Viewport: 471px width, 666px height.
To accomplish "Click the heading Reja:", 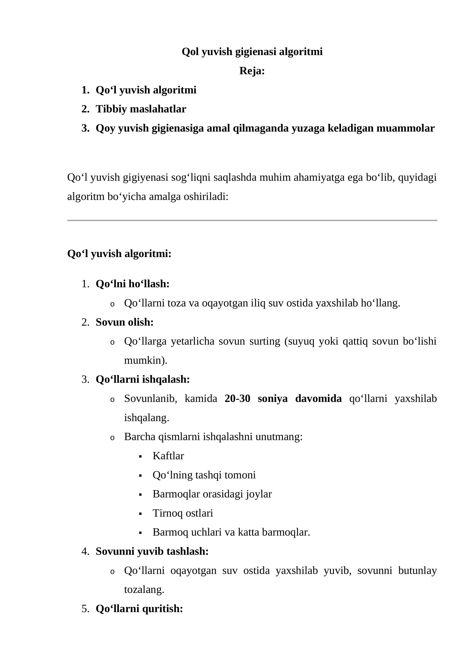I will click(x=252, y=71).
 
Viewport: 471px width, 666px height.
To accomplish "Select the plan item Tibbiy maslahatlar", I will click(x=141, y=109).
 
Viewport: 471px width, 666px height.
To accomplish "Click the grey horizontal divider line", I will click(x=252, y=220).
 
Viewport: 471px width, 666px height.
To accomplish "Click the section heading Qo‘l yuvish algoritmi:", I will click(x=119, y=254).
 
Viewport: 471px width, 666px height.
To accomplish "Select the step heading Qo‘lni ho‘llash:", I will click(x=132, y=284).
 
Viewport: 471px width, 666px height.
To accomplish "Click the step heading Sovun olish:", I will click(x=125, y=322).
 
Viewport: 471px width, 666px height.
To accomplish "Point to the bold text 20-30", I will click(x=237, y=398).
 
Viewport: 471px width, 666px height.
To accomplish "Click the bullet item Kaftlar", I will click(x=168, y=456).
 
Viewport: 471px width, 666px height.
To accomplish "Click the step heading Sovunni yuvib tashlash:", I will click(x=152, y=551).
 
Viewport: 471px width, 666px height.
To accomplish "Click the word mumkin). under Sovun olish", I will click(x=146, y=360).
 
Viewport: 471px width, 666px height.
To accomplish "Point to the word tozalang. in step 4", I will click(x=144, y=589).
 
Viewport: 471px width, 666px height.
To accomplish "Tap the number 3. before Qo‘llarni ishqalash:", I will click(x=85, y=380).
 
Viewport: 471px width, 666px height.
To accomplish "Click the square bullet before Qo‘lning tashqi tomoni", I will click(x=140, y=476).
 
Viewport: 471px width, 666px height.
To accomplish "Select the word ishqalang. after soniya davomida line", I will click(x=147, y=418).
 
